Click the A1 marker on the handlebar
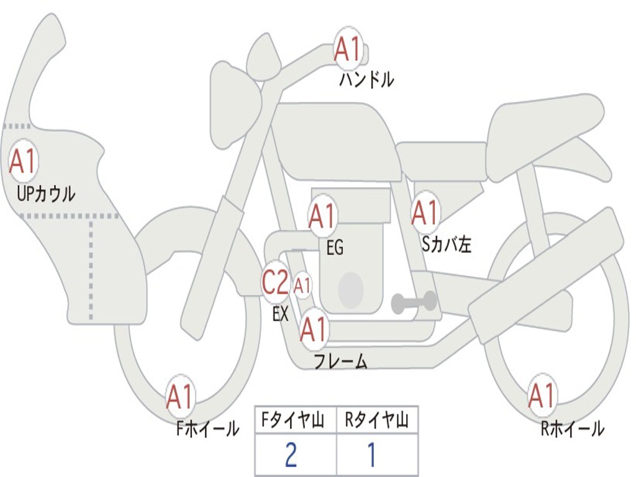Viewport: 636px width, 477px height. coord(348,49)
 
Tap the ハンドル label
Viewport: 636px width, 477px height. coord(366,79)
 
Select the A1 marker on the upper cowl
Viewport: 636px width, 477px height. coord(23,161)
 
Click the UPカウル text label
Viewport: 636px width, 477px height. coord(46,194)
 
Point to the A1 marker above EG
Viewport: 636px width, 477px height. coord(322,216)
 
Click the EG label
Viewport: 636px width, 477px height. coord(335,247)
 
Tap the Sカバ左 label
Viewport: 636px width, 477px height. coord(447,244)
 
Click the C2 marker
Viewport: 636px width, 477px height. coord(275,282)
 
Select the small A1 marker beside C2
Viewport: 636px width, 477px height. coord(302,286)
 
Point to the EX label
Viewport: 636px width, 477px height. coord(280,314)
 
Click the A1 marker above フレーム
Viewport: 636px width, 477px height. coord(314,329)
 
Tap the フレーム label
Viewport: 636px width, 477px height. coord(341,361)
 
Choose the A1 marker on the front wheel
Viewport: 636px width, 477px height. coord(179,396)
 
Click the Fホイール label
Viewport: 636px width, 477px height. coord(207,429)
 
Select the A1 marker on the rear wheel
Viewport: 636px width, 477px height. coord(542,396)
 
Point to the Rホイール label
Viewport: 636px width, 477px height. coord(572,429)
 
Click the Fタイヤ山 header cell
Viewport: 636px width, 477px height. coord(296,420)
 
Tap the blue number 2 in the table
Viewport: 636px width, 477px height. coord(291,455)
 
